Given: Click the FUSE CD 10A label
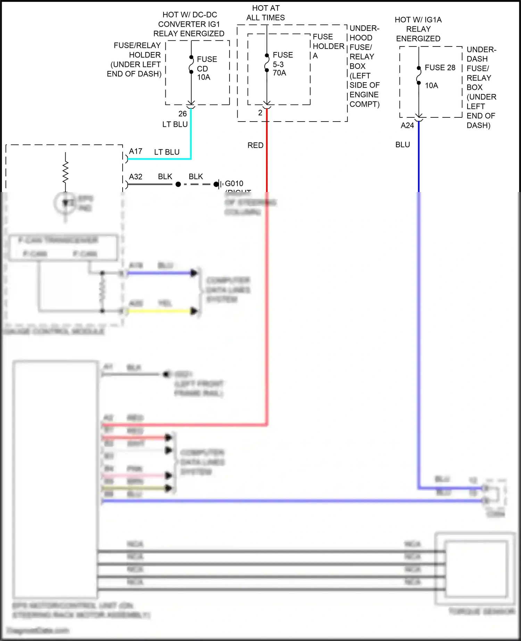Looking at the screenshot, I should tap(206, 68).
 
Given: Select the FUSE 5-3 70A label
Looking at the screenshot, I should tap(282, 64).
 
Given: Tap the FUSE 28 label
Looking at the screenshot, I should tap(440, 68).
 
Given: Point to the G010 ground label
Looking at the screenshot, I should tap(234, 183).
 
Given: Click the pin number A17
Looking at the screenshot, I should tap(135, 151).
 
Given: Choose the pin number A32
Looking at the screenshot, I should tap(135, 177).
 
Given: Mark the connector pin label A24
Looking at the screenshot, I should tap(407, 125).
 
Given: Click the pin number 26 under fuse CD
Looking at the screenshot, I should tap(182, 114).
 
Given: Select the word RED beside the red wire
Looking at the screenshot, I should tap(255, 145).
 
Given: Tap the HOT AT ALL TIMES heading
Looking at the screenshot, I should tap(266, 13).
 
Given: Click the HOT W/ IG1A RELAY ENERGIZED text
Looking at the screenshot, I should tap(418, 29).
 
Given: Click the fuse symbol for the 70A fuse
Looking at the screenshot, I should tap(266, 63).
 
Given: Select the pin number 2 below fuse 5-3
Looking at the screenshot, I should tap(260, 113).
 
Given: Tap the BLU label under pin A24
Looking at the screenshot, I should tap(403, 145).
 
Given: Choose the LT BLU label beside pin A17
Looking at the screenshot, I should tap(167, 152).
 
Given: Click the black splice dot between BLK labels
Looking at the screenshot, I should tap(178, 184).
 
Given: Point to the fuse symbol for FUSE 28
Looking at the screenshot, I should tap(419, 76).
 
